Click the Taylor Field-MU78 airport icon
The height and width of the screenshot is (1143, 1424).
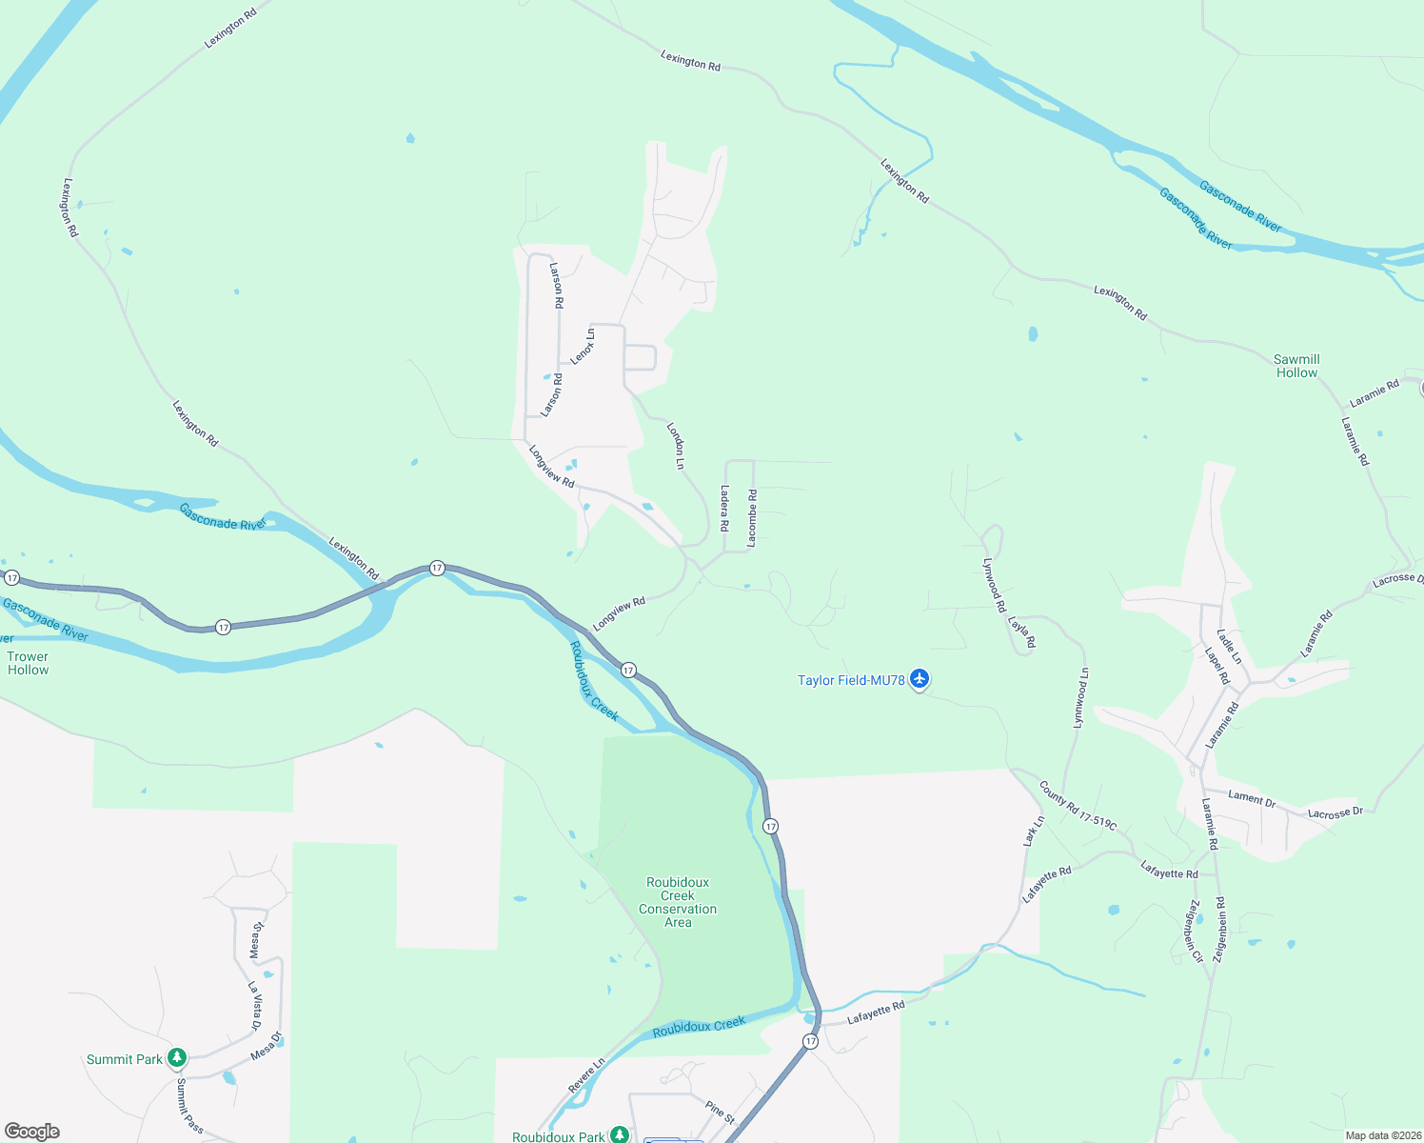point(919,679)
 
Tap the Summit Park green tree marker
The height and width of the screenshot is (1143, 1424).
point(176,1058)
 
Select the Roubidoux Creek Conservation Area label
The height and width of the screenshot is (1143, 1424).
point(678,902)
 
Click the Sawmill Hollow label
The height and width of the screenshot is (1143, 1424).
point(1296,366)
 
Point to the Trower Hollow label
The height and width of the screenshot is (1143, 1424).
point(28,663)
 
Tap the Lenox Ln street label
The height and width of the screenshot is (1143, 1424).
point(583,346)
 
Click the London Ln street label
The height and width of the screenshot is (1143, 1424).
point(676,446)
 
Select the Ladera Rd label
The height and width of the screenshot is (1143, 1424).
point(724,508)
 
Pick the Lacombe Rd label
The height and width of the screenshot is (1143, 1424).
point(752,517)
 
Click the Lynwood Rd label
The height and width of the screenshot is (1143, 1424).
point(994,585)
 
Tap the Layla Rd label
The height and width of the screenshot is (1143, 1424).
point(1021,632)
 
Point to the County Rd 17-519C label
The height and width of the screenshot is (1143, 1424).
point(1078,805)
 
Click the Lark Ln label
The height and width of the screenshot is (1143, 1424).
point(1034,831)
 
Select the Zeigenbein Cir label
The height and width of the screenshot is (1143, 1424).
point(1195,931)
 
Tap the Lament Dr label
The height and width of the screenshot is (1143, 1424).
point(1252,798)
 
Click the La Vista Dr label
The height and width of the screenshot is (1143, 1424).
point(254,1006)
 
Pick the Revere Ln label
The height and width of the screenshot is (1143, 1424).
point(586,1075)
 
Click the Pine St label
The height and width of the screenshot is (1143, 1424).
point(721,1111)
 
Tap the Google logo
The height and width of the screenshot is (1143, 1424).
point(32,1132)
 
